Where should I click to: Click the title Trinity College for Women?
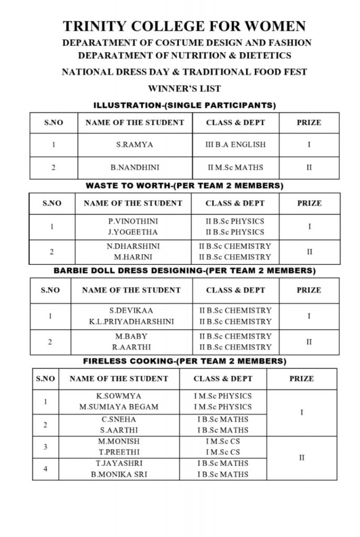184,26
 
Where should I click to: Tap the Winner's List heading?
184,89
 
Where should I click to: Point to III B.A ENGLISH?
235,144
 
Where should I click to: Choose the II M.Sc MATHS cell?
235,168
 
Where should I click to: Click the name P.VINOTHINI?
133,221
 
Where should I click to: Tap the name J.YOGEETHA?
133,232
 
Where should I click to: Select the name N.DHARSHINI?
133,246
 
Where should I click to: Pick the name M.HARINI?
133,257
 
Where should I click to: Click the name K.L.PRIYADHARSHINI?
131,321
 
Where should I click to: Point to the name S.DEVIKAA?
131,310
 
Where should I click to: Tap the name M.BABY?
131,336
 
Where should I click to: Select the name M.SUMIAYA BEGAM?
119,406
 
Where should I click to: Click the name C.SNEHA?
119,419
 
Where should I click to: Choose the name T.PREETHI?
119,452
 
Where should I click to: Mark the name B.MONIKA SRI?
119,474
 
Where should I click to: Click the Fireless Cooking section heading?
185,361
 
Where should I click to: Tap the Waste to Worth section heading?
184,186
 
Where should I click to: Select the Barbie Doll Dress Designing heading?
185,271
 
